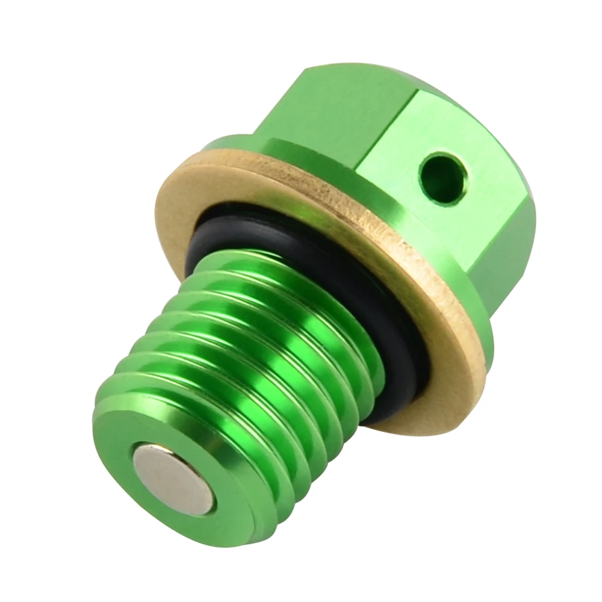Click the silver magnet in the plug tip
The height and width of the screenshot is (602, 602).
pyautogui.click(x=173, y=479)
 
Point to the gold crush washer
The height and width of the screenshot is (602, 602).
pyautogui.click(x=181, y=199)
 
